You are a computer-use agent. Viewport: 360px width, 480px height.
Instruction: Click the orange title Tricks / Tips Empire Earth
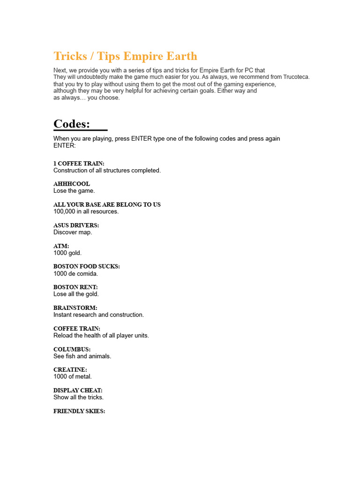point(125,56)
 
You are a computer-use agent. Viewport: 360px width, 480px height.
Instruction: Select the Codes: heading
point(72,124)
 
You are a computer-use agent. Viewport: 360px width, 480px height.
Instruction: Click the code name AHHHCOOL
point(72,184)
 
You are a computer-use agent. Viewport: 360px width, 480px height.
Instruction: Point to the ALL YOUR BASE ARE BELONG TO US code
point(107,204)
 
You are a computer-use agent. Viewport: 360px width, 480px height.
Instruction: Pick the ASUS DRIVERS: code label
point(76,225)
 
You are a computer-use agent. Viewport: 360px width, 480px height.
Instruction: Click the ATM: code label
point(61,246)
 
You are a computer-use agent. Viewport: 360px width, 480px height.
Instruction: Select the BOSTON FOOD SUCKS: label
point(87,266)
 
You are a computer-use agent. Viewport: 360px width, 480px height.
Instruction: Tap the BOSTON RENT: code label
point(75,287)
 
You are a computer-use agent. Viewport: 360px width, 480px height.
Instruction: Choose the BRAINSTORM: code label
point(75,307)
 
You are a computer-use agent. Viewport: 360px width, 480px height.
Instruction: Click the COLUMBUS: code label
point(72,349)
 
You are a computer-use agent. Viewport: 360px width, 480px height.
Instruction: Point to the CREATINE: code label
point(70,370)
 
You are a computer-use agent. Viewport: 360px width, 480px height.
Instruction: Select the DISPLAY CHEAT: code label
point(78,390)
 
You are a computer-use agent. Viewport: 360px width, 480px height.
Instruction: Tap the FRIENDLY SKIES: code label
point(79,411)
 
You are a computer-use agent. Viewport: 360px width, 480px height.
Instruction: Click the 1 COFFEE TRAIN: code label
point(79,163)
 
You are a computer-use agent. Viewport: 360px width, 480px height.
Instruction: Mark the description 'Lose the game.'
point(74,191)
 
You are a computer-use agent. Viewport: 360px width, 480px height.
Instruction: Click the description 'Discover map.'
point(73,232)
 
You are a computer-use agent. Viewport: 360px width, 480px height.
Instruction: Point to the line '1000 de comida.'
point(75,273)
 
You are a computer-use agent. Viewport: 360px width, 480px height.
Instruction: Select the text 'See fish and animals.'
point(82,356)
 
